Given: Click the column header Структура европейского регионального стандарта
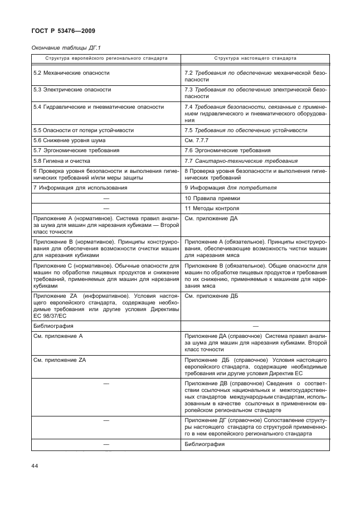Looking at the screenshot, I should (106, 58).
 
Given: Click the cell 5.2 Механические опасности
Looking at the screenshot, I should (71, 73).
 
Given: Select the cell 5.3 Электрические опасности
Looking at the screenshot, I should (72, 89).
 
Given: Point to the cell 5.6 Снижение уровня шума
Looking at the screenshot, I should (70, 140).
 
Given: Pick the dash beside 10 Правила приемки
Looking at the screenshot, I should (106, 198).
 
